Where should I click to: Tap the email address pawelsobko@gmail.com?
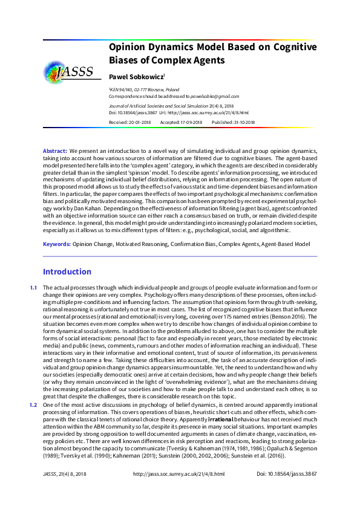tap(215, 96)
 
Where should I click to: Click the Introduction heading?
tap(67, 272)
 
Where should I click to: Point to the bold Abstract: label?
tap(55, 150)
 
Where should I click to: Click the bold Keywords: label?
tap(57, 244)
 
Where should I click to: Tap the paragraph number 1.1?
tap(34, 286)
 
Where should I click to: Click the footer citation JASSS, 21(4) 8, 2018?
tap(66, 491)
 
